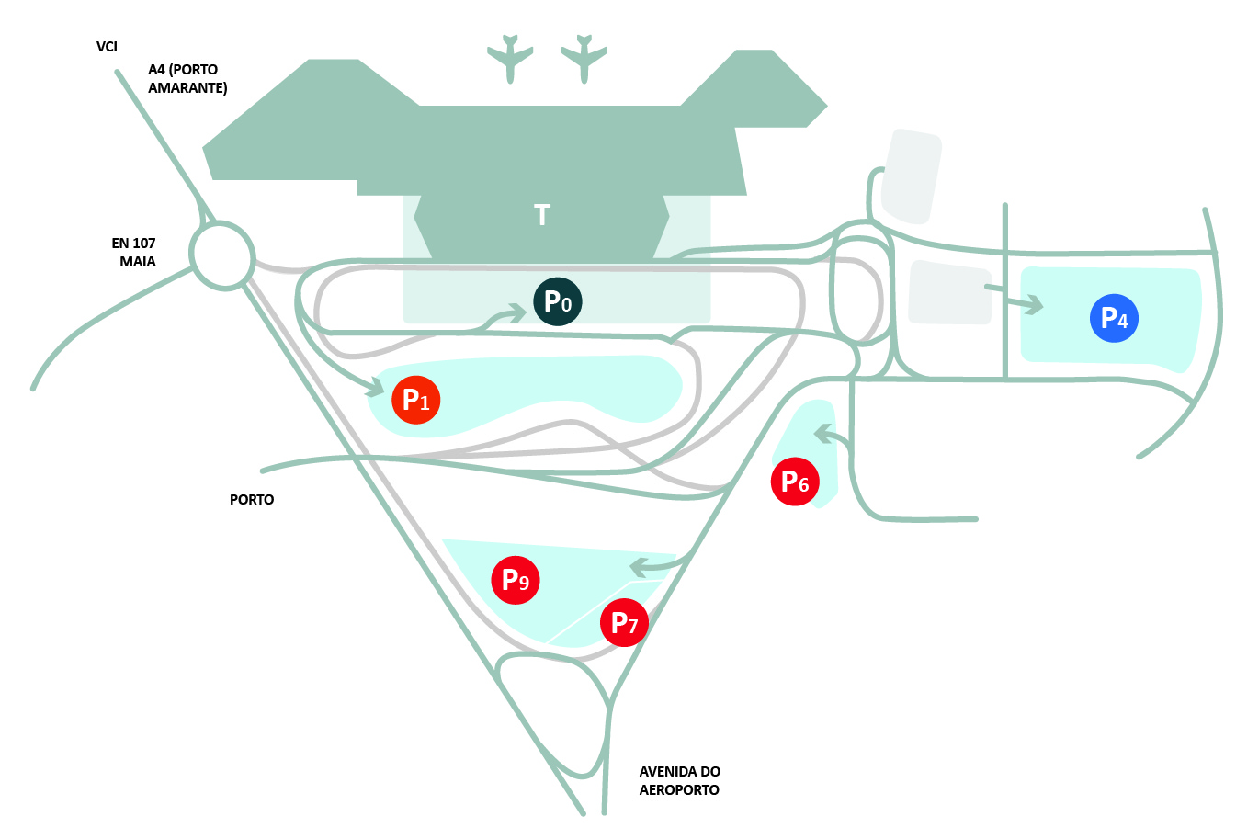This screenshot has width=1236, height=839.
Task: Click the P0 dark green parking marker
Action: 558,301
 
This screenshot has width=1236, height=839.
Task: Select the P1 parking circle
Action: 416,400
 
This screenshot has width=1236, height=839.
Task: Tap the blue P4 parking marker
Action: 1114,318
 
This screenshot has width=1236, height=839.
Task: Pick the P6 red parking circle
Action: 795,481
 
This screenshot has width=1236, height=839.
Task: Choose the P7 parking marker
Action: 625,623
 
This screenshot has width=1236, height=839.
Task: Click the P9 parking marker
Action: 516,580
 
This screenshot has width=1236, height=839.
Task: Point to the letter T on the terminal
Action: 542,215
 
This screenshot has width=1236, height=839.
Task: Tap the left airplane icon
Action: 510,58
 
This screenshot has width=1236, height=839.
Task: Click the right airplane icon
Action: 584,58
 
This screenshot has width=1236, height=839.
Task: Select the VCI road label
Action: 107,46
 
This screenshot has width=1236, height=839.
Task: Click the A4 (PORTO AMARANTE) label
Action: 187,78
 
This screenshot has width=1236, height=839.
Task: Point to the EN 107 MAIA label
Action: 134,252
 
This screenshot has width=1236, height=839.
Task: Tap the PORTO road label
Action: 252,499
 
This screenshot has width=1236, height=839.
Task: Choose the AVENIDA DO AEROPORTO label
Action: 680,780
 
